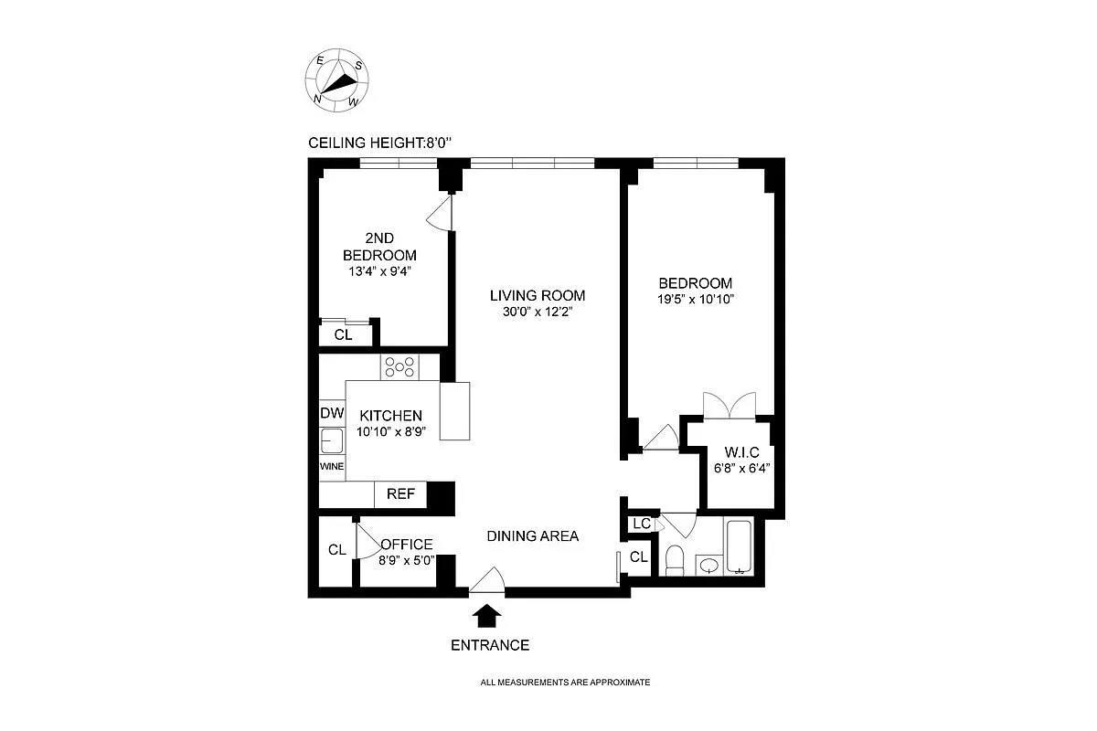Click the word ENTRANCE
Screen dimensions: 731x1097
coord(490,645)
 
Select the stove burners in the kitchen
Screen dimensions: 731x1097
coord(399,366)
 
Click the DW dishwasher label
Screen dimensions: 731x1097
coord(331,413)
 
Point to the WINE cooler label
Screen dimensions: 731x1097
coord(331,466)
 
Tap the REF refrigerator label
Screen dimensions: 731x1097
coord(400,494)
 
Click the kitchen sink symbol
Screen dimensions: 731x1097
coord(331,441)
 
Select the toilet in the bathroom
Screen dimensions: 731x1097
coord(675,560)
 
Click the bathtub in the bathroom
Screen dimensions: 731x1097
coord(738,546)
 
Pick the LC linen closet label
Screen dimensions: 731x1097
coord(641,524)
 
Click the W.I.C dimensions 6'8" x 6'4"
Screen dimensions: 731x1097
coord(741,470)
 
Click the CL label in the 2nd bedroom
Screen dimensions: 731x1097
coord(343,335)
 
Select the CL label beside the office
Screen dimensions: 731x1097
coord(336,549)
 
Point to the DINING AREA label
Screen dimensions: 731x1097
coord(532,536)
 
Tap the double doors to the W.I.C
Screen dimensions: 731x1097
coord(730,405)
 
